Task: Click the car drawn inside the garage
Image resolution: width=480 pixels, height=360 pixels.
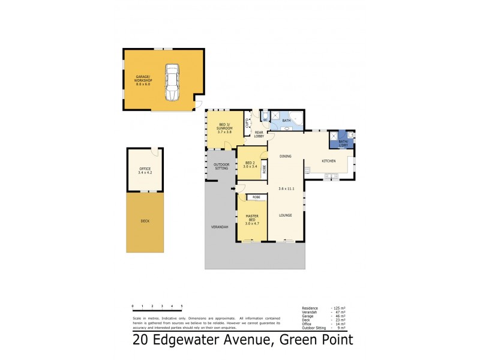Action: click(x=172, y=82)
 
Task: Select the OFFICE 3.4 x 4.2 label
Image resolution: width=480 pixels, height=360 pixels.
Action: click(x=145, y=170)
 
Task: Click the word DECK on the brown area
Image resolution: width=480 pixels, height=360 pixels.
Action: click(x=145, y=221)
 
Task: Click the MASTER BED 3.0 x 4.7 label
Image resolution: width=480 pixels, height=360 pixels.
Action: click(x=251, y=218)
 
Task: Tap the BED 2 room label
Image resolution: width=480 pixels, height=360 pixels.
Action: click(x=251, y=164)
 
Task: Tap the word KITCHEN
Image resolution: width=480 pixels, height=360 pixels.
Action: click(x=328, y=161)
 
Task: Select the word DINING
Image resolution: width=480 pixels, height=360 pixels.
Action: click(x=285, y=157)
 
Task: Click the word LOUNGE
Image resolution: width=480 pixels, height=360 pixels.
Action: click(x=285, y=214)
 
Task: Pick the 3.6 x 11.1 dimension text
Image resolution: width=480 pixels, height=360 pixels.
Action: click(x=286, y=189)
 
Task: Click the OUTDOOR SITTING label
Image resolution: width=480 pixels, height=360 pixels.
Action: click(x=221, y=167)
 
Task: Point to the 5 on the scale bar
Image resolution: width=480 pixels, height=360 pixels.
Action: click(x=181, y=306)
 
